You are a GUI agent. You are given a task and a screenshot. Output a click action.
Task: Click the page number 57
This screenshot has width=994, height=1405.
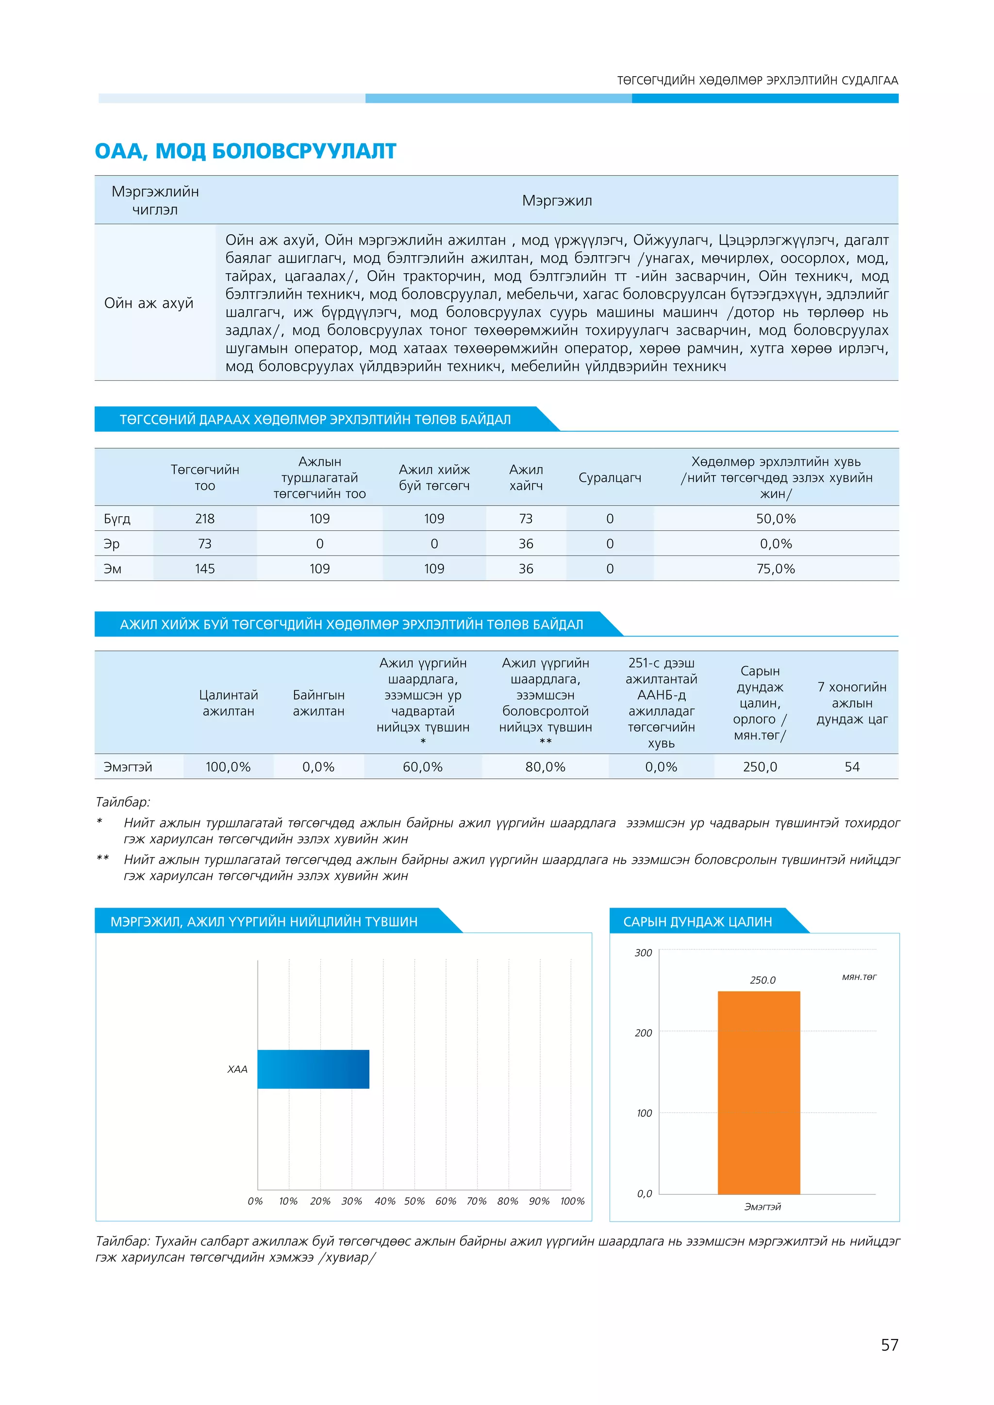pyautogui.click(x=889, y=1344)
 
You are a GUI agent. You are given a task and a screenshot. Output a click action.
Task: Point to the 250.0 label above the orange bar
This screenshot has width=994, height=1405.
pyautogui.click(x=762, y=980)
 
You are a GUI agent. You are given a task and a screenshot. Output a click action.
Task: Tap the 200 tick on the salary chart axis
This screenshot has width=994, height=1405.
pyautogui.click(x=643, y=1033)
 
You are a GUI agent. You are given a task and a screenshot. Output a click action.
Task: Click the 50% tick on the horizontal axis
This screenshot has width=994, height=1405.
pyautogui.click(x=414, y=1201)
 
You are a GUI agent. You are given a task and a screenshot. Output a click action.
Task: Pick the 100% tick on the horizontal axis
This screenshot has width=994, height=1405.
pyautogui.click(x=572, y=1201)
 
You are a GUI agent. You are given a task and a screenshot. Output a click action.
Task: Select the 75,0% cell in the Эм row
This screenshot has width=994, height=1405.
pyautogui.click(x=775, y=569)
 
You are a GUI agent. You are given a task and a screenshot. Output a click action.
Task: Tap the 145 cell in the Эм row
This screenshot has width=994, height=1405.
pyautogui.click(x=204, y=569)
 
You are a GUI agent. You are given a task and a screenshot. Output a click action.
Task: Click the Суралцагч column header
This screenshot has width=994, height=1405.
pyautogui.click(x=610, y=477)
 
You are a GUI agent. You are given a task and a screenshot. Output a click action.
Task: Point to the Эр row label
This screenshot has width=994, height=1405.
pyautogui.click(x=112, y=543)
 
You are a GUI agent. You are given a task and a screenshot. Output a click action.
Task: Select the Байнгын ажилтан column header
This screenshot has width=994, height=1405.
pyautogui.click(x=318, y=703)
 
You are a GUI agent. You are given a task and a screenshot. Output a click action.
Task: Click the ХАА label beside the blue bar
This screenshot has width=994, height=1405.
pyautogui.click(x=237, y=1069)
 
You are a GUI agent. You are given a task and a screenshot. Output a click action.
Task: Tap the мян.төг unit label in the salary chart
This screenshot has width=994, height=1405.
pyautogui.click(x=859, y=977)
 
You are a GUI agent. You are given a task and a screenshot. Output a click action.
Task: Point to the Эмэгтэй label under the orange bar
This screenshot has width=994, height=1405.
pyautogui.click(x=762, y=1207)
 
